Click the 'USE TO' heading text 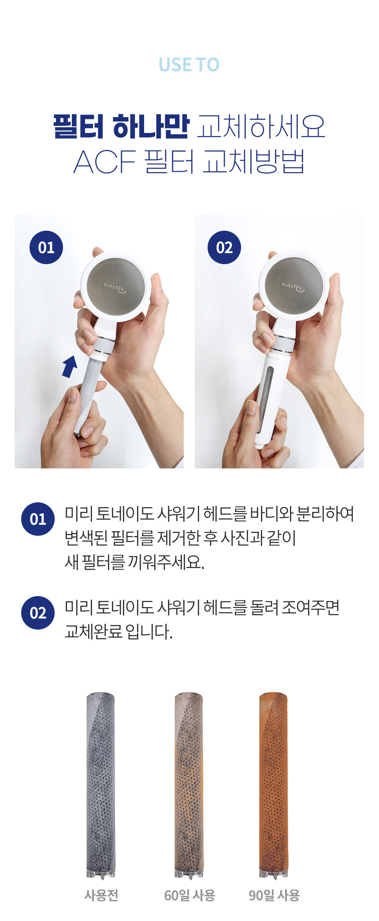coord(189,65)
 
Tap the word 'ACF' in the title coord(104,162)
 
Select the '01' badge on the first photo coord(46,247)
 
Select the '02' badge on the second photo coord(224,247)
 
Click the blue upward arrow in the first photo coord(70,367)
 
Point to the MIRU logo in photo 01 coord(115,288)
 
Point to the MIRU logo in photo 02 coord(294,287)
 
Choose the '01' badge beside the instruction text coord(38,519)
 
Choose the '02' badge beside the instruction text coord(38,613)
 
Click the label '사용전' coord(101,895)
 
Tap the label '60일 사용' coord(189,895)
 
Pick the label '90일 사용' coord(274,895)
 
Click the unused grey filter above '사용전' coord(101,786)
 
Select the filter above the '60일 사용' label coord(189,786)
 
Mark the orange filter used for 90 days coord(274,786)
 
